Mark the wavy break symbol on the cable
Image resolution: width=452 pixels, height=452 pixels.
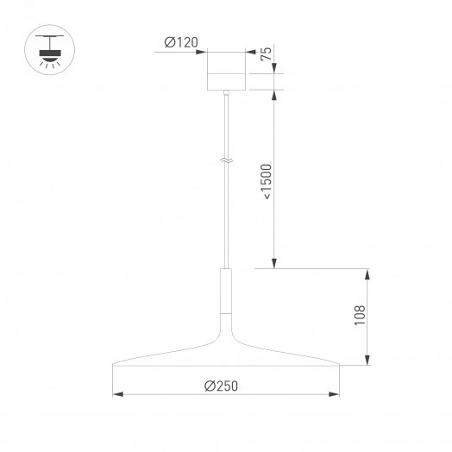(227, 160)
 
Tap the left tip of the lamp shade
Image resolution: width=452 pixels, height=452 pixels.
(115, 363)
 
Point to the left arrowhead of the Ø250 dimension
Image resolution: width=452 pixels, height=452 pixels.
(117, 395)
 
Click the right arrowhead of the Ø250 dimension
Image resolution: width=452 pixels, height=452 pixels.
(336, 395)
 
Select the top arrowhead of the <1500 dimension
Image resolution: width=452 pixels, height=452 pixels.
(274, 93)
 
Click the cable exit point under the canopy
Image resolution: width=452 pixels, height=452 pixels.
(227, 91)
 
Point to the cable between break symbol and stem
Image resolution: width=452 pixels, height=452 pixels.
(227, 216)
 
